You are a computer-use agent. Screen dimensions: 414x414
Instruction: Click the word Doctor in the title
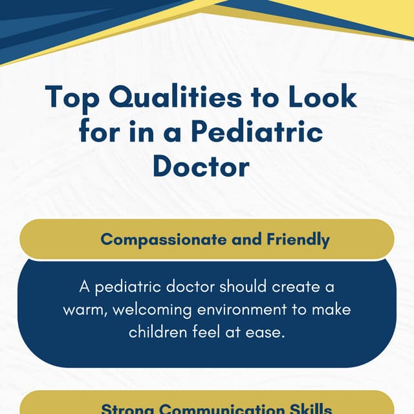tap(201, 166)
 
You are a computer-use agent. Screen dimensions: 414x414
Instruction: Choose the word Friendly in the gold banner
tap(298, 239)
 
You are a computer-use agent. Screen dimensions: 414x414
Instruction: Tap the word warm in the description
tap(85, 309)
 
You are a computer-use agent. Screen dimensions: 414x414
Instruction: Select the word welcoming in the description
tap(151, 309)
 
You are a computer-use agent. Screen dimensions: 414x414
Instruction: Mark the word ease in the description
tap(270, 332)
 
